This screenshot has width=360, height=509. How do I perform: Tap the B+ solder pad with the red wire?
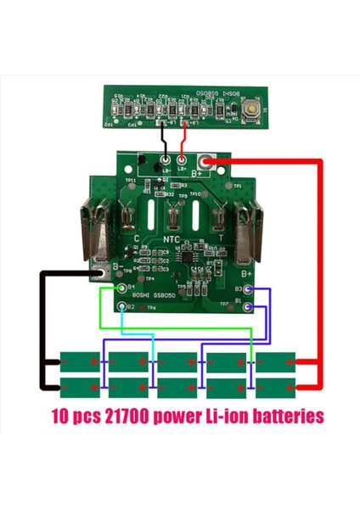coord(205,162)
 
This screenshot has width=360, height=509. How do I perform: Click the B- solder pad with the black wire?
coord(100,272)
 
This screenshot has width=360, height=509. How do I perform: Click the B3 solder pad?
coord(248,290)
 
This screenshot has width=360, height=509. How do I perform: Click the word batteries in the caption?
coord(281,417)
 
